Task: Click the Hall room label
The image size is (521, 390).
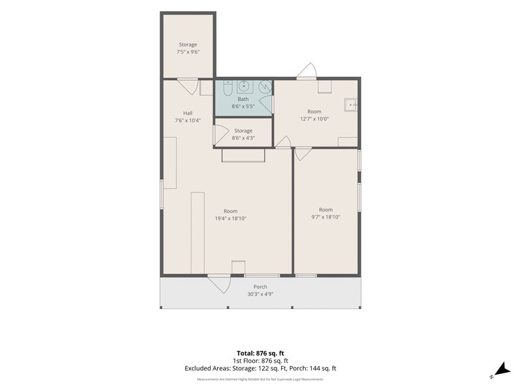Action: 187,113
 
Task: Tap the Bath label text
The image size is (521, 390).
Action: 243,99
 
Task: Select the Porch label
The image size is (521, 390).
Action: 260,287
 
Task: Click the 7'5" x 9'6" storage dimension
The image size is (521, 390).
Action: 188,52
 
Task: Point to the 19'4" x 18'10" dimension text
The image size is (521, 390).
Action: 231,219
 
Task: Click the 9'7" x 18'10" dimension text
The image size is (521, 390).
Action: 326,218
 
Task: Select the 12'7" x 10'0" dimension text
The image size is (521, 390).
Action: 314,119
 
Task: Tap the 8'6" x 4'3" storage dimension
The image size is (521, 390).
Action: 243,138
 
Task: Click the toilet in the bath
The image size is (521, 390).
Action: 227,88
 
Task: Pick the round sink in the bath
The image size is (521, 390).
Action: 245,86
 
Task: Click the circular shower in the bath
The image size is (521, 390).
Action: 265,87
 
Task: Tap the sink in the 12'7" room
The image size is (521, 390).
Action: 351,105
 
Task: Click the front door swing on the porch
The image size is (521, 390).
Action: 219,284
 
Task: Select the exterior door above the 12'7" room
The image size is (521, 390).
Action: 307,71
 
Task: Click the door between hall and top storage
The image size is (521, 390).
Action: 187,86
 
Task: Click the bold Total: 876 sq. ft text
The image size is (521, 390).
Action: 260,353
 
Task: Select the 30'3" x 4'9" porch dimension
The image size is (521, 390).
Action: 260,294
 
